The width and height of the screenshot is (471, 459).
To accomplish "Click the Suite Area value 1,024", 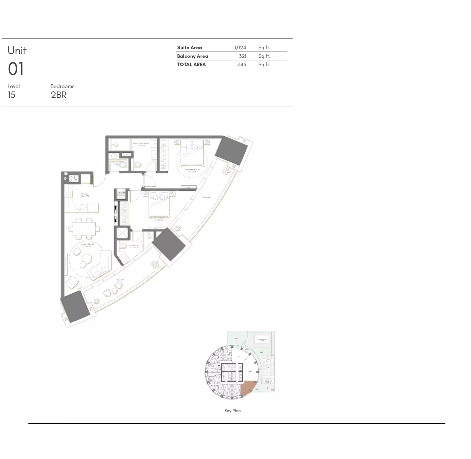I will tap(240, 47).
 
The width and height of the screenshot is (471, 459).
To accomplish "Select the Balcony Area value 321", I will tap(242, 56).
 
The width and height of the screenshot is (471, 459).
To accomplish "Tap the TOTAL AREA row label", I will tap(191, 64).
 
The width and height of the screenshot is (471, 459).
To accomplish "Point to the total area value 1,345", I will tap(240, 64).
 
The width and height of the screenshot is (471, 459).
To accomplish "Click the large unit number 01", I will tap(16, 69).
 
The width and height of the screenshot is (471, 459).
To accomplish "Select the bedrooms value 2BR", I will tap(58, 95).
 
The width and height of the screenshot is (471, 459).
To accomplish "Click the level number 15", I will tap(11, 95).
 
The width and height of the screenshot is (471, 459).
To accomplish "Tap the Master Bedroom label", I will tap(192, 170).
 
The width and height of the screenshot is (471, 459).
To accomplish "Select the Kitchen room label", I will tap(85, 195).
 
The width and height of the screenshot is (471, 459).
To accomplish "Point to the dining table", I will tap(84, 229).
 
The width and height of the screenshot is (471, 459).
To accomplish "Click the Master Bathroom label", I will tap(141, 144).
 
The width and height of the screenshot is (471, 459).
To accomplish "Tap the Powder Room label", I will tap(117, 163).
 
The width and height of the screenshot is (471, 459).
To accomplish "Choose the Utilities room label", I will tap(121, 194).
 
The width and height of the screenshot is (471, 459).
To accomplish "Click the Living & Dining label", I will tap(87, 245).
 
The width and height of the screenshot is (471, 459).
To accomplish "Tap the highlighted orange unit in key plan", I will tap(247, 388).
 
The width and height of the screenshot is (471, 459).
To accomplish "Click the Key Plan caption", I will tap(233, 411).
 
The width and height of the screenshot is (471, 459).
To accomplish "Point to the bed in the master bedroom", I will tap(192, 153).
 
